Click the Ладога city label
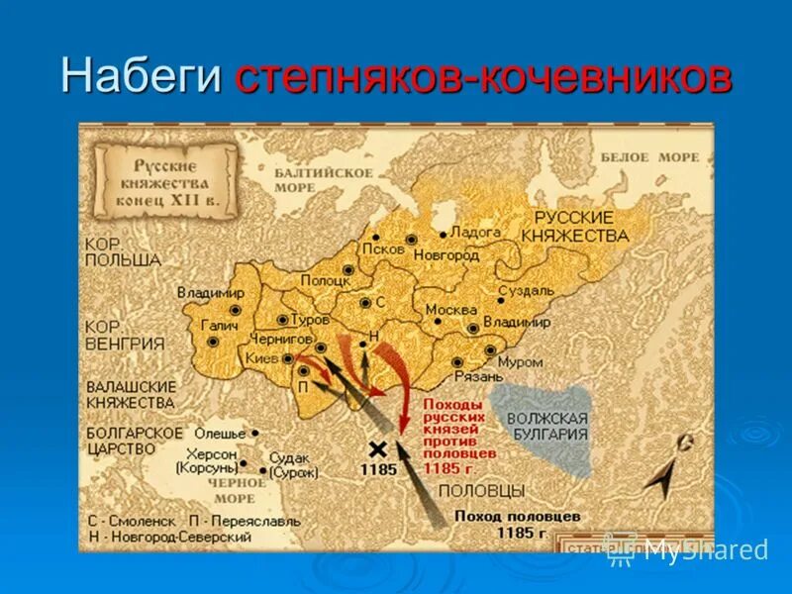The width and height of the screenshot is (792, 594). [475, 232]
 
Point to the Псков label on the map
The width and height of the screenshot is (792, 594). [383, 248]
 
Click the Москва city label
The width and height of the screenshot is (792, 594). [450, 310]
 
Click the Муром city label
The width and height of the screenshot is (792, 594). [520, 362]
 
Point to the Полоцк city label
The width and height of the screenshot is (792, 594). [326, 280]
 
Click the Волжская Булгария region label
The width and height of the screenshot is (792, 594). [547, 426]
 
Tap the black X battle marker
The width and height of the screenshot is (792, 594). [377, 448]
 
